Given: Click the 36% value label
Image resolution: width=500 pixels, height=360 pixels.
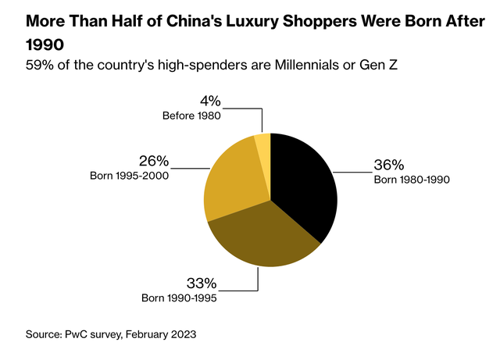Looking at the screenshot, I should point(388,165).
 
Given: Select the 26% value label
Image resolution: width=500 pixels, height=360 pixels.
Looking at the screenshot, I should point(153,160).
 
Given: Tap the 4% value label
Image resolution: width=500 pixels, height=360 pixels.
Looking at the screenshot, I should point(209,101).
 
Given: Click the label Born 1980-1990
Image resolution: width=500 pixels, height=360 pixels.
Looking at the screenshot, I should point(412,179).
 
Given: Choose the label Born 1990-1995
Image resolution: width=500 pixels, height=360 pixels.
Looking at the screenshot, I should point(179,297).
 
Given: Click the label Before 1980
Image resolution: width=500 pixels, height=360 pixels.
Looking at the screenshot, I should point(191,115).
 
